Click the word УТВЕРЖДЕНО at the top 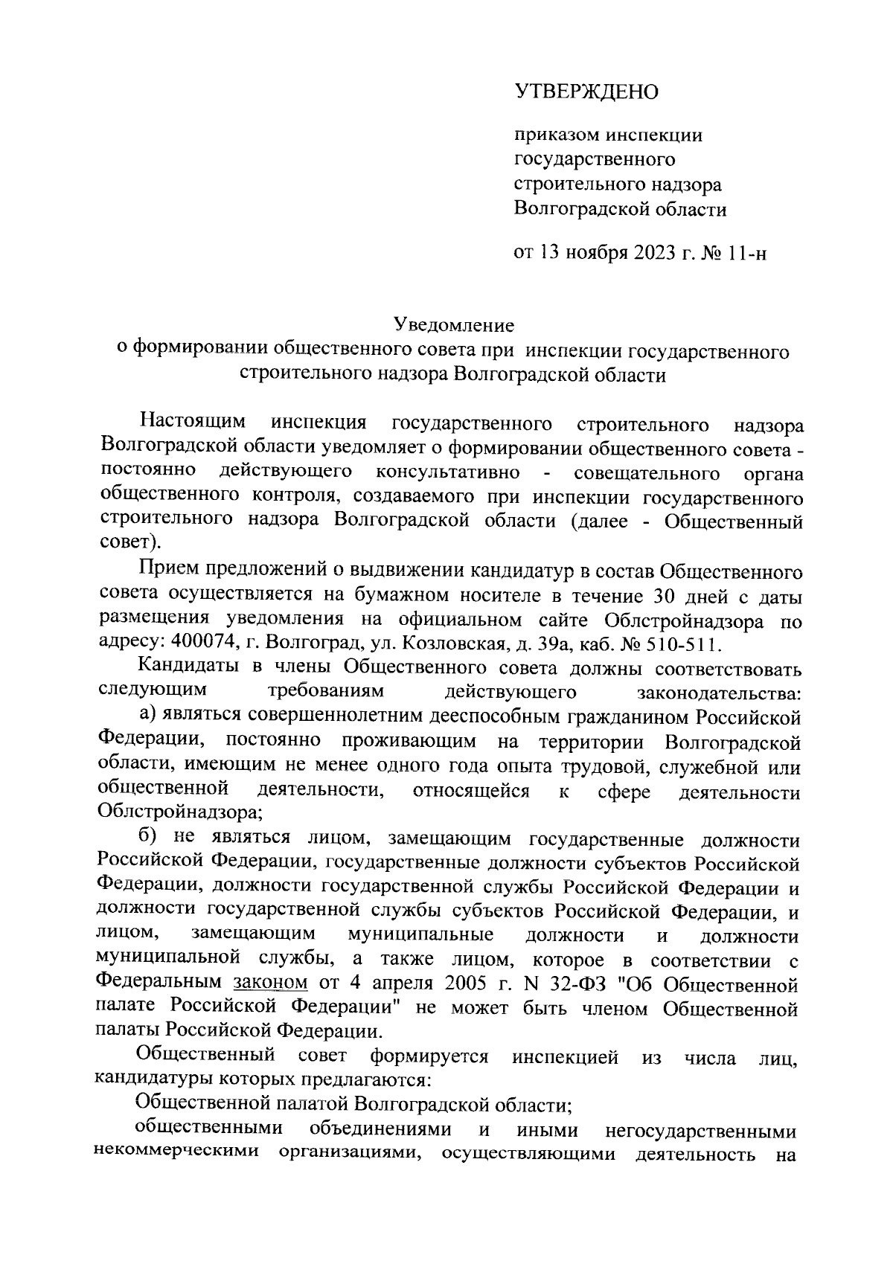[x=587, y=92]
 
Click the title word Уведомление [x=454, y=325]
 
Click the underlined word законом [x=270, y=983]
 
